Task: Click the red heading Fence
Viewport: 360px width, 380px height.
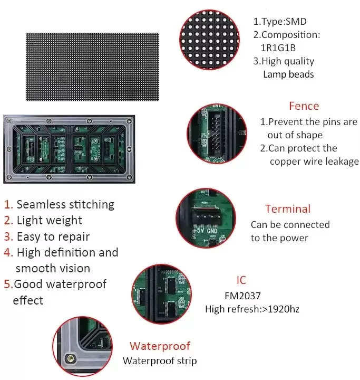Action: pos(304,106)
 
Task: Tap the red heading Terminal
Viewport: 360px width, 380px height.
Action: pos(288,209)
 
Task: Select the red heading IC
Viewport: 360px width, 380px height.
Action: pos(241,280)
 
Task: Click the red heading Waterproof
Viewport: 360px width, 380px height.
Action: pos(160,346)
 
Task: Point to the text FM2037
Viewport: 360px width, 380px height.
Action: pos(243,296)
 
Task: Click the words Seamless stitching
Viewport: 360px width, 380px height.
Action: pos(65,204)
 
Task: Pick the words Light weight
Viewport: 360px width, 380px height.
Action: pos(50,221)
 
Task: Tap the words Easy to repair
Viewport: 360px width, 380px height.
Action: pos(53,237)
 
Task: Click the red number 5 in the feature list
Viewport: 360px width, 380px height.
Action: pos(8,284)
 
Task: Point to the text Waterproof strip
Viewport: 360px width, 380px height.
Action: pos(160,361)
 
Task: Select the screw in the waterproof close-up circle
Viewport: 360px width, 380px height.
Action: pos(67,359)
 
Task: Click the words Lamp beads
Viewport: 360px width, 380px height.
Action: pos(288,74)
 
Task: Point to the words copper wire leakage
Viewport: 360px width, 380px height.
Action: pos(314,161)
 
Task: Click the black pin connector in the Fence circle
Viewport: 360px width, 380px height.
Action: pos(217,129)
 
